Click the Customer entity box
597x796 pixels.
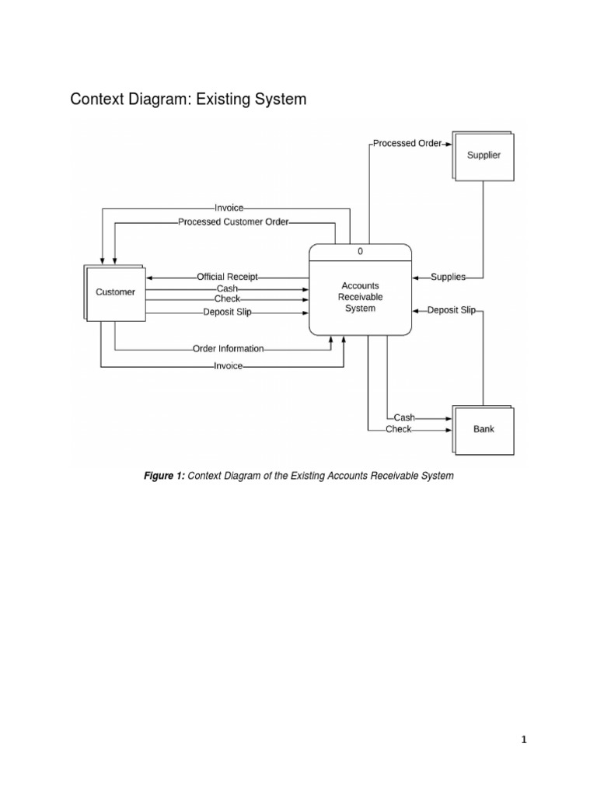[115, 292]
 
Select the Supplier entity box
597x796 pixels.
[484, 155]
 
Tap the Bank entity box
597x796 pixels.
[484, 429]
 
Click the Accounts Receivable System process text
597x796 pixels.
[361, 297]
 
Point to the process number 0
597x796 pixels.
[361, 252]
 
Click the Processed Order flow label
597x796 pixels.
[407, 143]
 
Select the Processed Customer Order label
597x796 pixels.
[233, 222]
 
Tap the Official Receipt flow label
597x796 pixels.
[227, 277]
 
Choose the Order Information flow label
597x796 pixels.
[229, 349]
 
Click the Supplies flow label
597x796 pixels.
[448, 277]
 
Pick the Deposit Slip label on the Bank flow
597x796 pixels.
[452, 309]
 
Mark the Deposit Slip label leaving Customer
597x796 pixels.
[227, 312]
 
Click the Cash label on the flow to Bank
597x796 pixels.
[404, 417]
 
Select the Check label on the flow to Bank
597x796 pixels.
[399, 429]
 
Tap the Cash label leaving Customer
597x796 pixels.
[227, 288]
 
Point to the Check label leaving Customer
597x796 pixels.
[227, 298]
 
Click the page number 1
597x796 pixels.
[524, 740]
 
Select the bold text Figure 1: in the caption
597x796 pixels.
[164, 475]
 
